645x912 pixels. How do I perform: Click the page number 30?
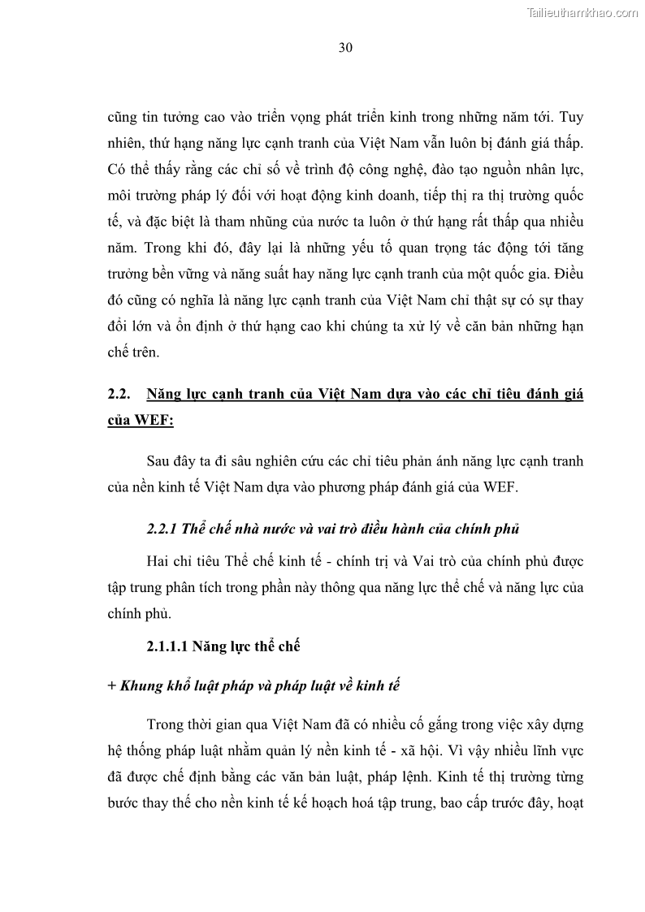click(x=344, y=48)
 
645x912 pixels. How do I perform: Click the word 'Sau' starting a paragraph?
click(x=158, y=462)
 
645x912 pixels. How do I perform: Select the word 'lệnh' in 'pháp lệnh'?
click(x=423, y=778)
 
